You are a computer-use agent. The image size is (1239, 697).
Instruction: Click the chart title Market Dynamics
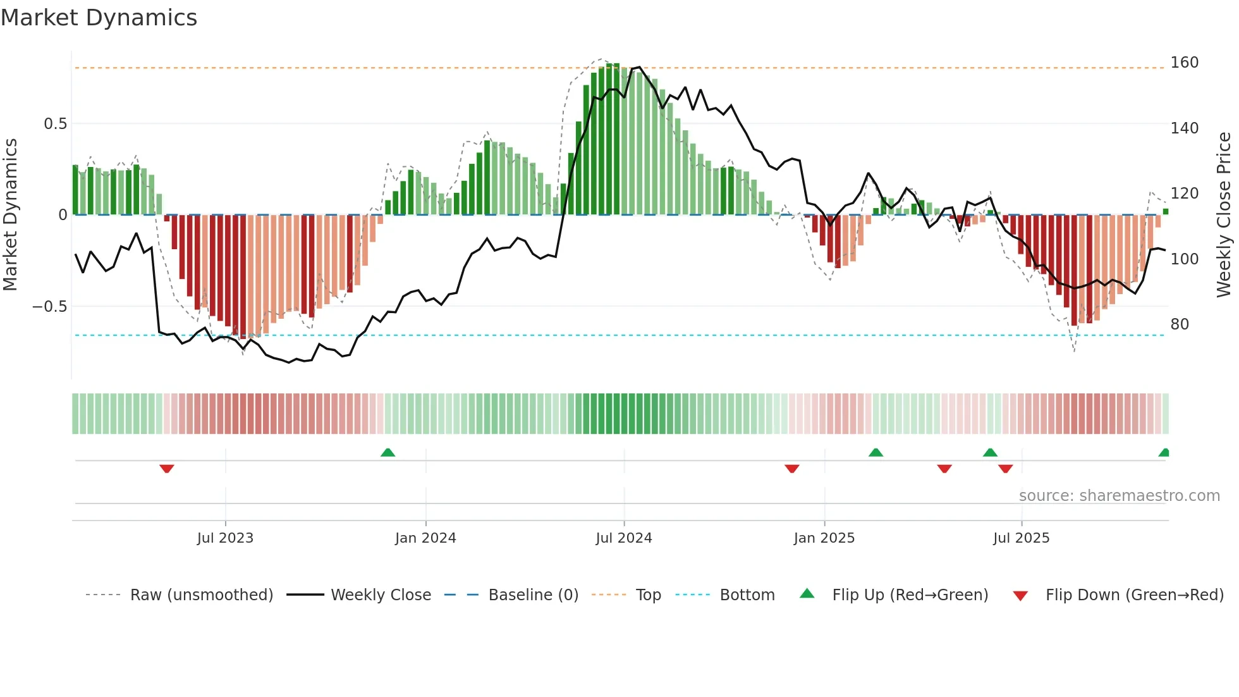[99, 18]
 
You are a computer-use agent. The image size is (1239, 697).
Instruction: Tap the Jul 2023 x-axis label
[225, 538]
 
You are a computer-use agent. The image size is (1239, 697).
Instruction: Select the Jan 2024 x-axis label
[425, 538]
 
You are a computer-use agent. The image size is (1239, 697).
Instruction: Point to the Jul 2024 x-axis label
[624, 538]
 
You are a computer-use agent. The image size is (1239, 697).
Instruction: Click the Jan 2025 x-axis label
[824, 538]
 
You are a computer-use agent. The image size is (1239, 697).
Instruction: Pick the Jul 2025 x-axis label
[1022, 538]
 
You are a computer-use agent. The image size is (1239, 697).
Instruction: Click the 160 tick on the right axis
[1184, 63]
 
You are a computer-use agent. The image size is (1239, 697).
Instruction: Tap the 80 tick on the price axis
[1180, 324]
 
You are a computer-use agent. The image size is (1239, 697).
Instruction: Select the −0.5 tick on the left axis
[50, 307]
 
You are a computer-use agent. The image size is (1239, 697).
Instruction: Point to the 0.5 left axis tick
[56, 124]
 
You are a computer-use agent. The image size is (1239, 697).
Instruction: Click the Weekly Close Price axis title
[1224, 215]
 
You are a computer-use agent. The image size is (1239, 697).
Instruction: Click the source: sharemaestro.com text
[1119, 496]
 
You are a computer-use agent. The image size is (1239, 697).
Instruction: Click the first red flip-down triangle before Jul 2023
[167, 469]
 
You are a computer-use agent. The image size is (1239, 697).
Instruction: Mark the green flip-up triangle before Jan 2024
[388, 452]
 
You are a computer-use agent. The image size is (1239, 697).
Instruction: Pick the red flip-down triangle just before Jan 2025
[792, 469]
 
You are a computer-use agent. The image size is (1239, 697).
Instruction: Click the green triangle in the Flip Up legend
[807, 593]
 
